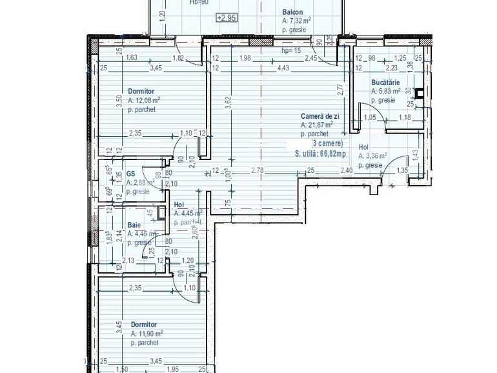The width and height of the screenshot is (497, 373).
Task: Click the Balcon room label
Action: pos(292,12)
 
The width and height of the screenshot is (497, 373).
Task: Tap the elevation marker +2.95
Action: pos(227,17)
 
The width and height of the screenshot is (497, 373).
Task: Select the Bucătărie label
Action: pos(385,83)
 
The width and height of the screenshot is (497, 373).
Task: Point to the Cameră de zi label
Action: pos(319,116)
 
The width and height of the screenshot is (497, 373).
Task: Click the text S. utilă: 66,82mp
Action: pos(319,154)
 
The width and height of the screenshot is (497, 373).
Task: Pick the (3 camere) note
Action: pos(328,143)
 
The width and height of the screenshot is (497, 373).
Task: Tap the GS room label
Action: pos(130,174)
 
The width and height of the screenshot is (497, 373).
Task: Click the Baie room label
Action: pos(134,225)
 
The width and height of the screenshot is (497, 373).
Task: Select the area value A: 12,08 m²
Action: pos(144,100)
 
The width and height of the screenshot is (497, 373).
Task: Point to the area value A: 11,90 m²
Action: pos(147,334)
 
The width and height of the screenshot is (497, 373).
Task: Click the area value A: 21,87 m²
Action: pos(317,125)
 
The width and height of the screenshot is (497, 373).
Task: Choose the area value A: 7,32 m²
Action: pos(297,21)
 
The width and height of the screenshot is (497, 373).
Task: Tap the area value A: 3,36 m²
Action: pos(373,156)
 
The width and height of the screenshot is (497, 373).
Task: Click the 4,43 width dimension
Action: pos(283,68)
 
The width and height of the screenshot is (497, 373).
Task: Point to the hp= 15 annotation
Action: pos(292,50)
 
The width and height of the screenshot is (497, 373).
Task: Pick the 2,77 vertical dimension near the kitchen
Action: pos(340,90)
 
